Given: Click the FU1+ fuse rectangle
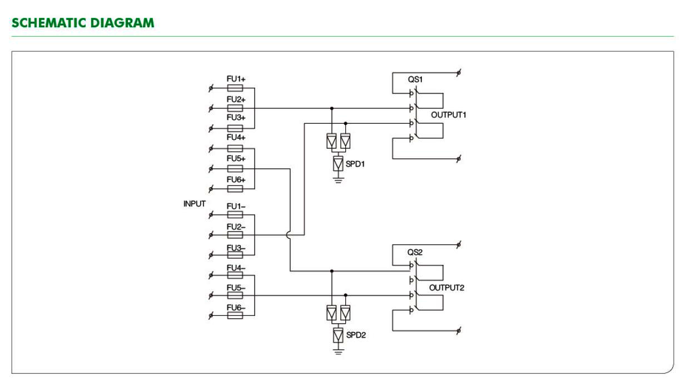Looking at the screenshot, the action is (x=235, y=88).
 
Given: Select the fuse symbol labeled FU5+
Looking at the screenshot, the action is (x=235, y=169).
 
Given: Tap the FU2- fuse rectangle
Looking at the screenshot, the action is (x=235, y=235).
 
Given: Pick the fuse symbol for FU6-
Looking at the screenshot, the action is (x=235, y=315).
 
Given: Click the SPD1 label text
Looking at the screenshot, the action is (x=355, y=164).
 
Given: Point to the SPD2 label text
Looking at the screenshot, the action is (x=356, y=335).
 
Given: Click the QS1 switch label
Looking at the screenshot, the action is (x=415, y=79).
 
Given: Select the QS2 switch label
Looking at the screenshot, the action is (x=415, y=252).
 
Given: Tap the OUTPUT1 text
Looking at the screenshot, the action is (x=449, y=115).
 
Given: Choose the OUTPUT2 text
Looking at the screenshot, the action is (x=446, y=288).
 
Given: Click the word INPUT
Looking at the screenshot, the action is (x=194, y=204).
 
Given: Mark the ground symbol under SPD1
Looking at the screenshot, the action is (x=338, y=179).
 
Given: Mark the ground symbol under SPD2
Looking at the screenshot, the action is (x=338, y=351).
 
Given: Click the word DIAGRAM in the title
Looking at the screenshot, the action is (x=122, y=23).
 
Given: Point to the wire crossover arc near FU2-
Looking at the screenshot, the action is (x=287, y=235).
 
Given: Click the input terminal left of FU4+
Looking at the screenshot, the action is (x=211, y=149).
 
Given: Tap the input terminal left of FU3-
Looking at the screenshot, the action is (x=211, y=255).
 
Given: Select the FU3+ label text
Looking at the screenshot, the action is (x=236, y=118).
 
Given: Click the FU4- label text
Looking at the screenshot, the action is (x=236, y=268).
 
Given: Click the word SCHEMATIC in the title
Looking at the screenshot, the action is (x=49, y=23).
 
